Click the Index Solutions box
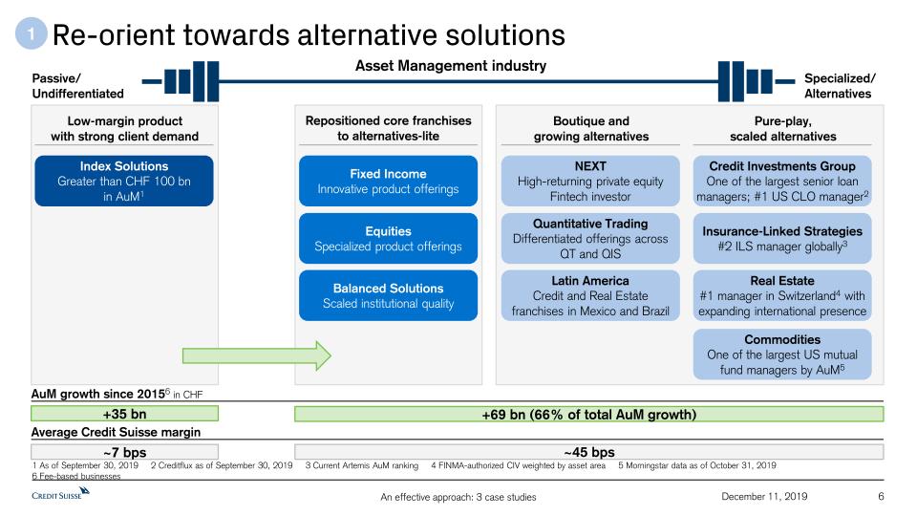pos(124,181)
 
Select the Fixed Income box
pos(389,181)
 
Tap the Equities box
pos(389,238)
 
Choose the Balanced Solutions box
pos(389,295)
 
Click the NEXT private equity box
pos(590,181)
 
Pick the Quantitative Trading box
pos(590,238)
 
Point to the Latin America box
pos(590,295)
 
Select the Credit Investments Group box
pos(782,181)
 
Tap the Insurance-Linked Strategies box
pos(782,238)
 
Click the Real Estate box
pos(782,295)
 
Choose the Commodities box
pos(782,354)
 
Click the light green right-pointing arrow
pos(257,355)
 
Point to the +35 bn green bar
pos(124,414)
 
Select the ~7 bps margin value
pos(124,452)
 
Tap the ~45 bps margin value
pos(589,452)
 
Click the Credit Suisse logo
pos(60,493)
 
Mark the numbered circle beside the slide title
pos(31,33)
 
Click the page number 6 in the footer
pos(881,496)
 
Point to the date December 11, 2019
pos(764,496)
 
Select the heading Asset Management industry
pos(451,66)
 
